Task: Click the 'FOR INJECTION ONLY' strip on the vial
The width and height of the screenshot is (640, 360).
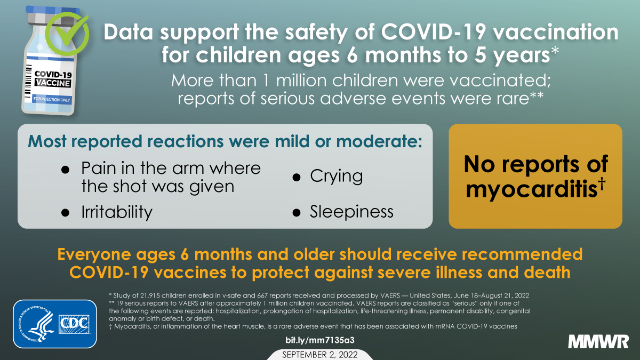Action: click(x=52, y=99)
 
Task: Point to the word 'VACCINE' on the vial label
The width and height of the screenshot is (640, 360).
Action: click(x=53, y=83)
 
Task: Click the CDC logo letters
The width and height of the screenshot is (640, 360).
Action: click(x=74, y=324)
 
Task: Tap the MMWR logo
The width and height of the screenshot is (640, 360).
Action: click(x=598, y=342)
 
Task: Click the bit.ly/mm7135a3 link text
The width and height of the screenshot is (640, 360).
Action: click(x=319, y=340)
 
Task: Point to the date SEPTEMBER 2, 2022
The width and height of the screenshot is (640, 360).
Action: click(x=319, y=355)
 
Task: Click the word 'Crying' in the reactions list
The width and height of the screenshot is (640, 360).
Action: click(x=337, y=177)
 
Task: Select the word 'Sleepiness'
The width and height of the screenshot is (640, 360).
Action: click(x=351, y=212)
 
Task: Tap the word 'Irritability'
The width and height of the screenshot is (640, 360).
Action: click(x=117, y=212)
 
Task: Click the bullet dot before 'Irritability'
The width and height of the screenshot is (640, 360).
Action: click(x=66, y=213)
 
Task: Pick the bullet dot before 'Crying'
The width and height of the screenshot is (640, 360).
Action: click(x=297, y=178)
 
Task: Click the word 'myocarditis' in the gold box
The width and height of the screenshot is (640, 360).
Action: click(x=531, y=189)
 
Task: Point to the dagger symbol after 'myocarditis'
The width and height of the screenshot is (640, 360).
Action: click(x=602, y=184)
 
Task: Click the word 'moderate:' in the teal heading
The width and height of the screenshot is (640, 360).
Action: click(x=379, y=141)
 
